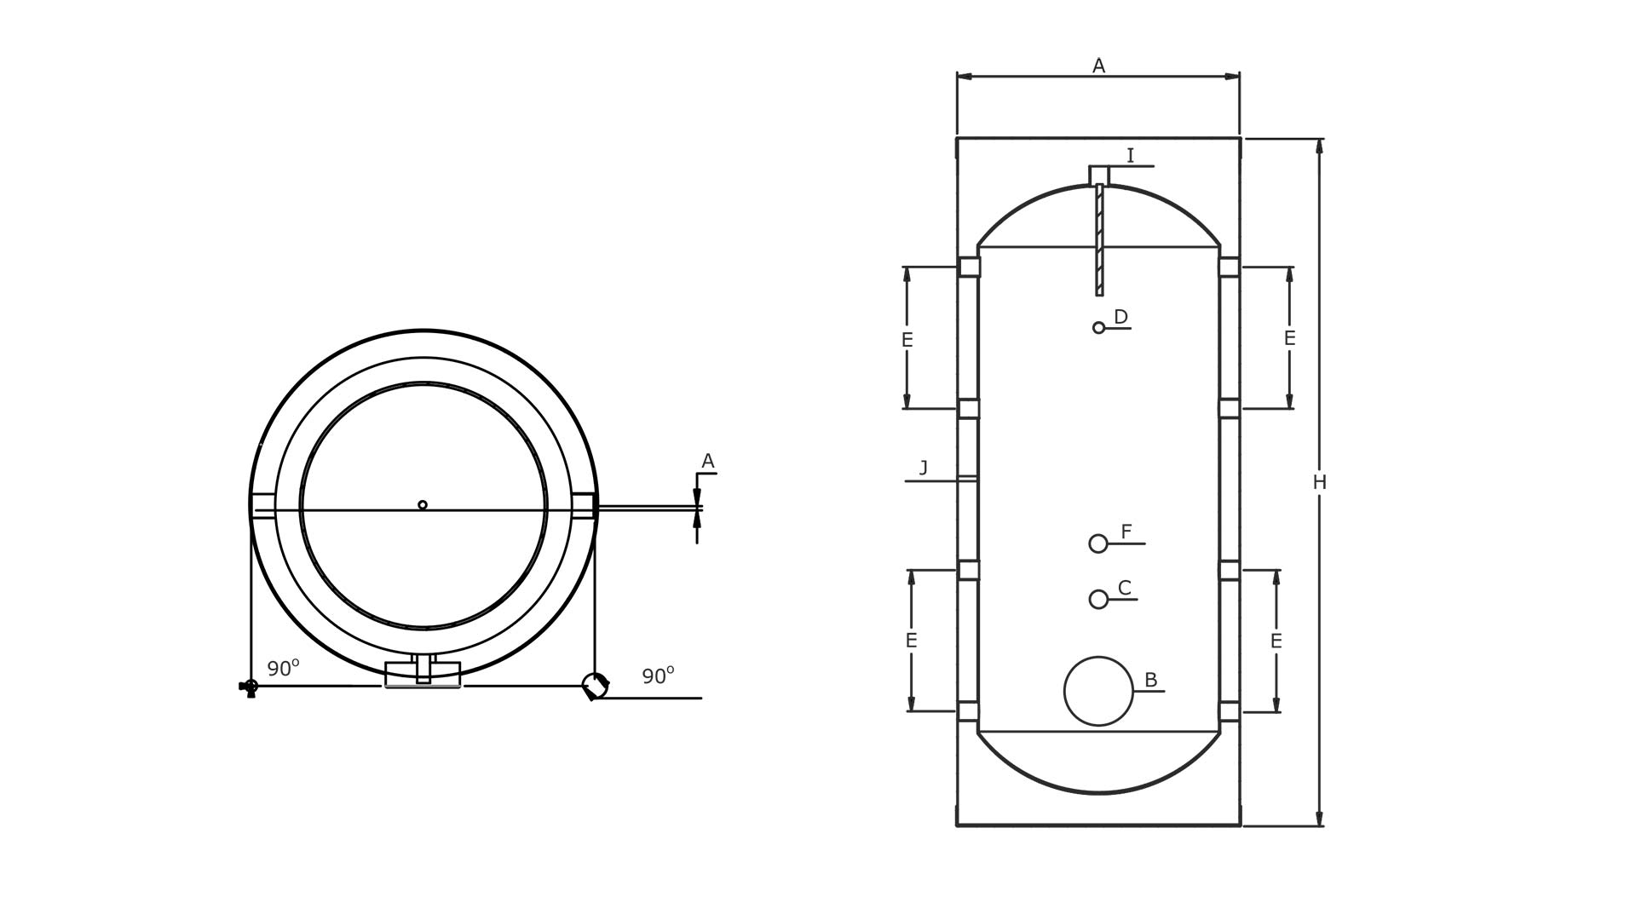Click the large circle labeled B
[1098, 691]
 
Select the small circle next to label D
[1098, 328]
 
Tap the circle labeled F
[1098, 543]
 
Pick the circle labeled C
[1098, 599]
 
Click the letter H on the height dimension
[1319, 483]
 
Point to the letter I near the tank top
[1130, 156]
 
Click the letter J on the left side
[924, 468]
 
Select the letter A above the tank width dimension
[1098, 66]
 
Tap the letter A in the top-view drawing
[707, 462]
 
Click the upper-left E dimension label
[907, 340]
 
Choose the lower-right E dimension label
[1276, 641]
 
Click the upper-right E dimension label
[1289, 338]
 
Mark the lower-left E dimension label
[911, 641]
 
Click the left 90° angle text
[283, 669]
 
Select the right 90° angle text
[658, 676]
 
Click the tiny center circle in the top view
[423, 505]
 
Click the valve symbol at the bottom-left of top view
[249, 687]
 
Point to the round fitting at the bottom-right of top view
[595, 685]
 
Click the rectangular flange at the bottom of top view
[423, 674]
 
